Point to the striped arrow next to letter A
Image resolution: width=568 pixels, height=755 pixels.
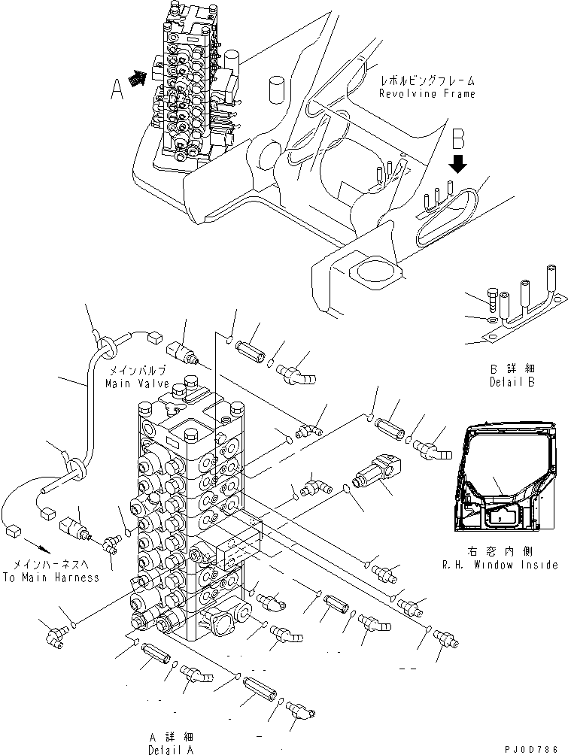138,79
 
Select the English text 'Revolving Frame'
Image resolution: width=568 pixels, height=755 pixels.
427,94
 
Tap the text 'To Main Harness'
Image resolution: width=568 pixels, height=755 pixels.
51,578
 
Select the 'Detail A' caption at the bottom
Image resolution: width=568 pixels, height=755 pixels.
172,750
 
